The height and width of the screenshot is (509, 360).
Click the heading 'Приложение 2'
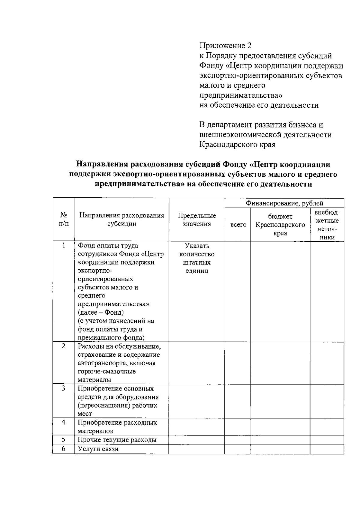(225, 46)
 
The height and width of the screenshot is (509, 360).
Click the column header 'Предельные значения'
(197, 220)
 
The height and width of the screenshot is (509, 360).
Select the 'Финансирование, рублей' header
(284, 203)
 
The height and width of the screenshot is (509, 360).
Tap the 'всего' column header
(238, 225)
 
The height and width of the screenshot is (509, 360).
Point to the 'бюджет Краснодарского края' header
(280, 225)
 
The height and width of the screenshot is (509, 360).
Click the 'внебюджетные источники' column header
(327, 225)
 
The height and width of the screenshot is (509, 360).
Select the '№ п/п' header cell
(64, 220)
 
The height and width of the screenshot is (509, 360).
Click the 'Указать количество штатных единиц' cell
(197, 258)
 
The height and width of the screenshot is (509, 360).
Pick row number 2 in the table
(64, 346)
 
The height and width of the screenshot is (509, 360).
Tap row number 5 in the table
(64, 439)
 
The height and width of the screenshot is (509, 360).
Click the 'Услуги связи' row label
(98, 449)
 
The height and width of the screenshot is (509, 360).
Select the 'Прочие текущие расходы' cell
(117, 440)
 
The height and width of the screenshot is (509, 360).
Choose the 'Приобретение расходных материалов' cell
(117, 427)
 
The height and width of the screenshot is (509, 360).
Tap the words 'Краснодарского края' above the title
(237, 145)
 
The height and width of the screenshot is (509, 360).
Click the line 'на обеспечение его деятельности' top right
(259, 105)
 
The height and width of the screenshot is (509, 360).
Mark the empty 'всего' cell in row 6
(237, 449)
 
